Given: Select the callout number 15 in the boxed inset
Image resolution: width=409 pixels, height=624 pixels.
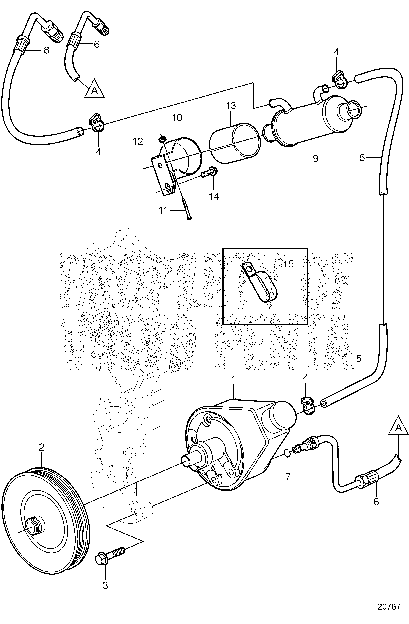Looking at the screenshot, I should coord(288,264).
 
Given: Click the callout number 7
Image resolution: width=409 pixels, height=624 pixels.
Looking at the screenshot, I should coord(288,477).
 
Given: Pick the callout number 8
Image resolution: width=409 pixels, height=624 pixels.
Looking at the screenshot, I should coord(46,50).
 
